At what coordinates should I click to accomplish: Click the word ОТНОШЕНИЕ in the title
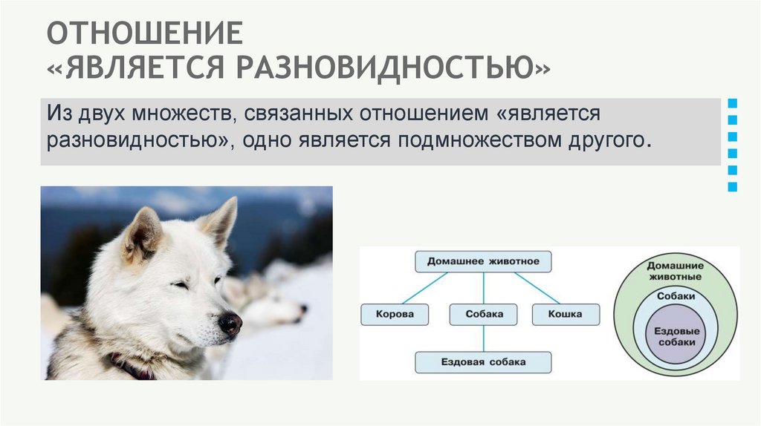[146, 34]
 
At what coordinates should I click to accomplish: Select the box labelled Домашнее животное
[483, 261]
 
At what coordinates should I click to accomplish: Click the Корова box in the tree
[395, 314]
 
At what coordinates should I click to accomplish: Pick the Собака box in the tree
[483, 314]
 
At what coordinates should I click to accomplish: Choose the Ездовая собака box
[483, 362]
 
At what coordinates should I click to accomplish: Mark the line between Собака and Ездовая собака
[484, 338]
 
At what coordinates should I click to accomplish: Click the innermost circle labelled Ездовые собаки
[676, 337]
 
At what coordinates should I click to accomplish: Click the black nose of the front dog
[230, 322]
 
